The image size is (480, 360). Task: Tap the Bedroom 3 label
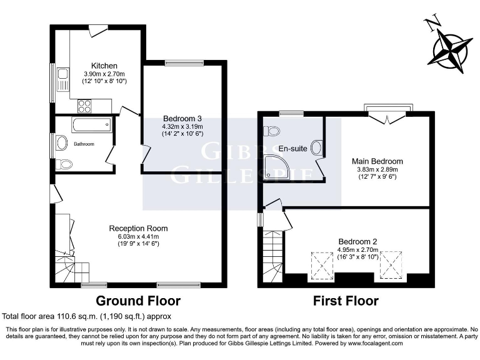point(182,118)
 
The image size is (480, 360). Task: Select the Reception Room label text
point(138,228)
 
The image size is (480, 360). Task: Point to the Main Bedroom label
point(377,161)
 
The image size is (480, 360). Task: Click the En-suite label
point(291,148)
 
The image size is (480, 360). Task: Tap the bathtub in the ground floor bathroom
point(91,125)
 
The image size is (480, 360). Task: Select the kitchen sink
point(62,80)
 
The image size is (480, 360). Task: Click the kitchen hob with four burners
point(84,105)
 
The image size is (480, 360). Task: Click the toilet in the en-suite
point(271,131)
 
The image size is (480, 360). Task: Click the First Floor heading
point(346,301)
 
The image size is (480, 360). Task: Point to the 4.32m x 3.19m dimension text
point(182,126)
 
